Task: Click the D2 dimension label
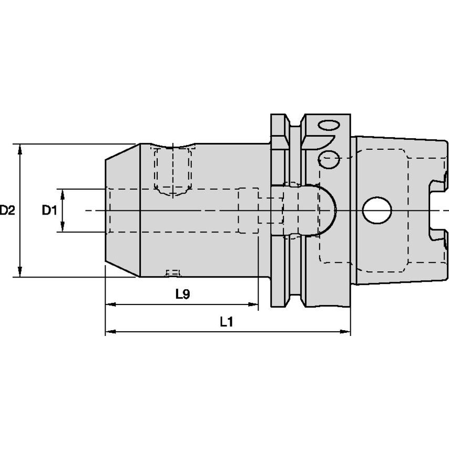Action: tap(7, 211)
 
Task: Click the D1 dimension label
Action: tap(49, 211)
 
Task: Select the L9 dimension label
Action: tap(182, 295)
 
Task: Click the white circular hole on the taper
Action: tap(377, 210)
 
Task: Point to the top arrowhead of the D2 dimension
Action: tap(20, 148)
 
